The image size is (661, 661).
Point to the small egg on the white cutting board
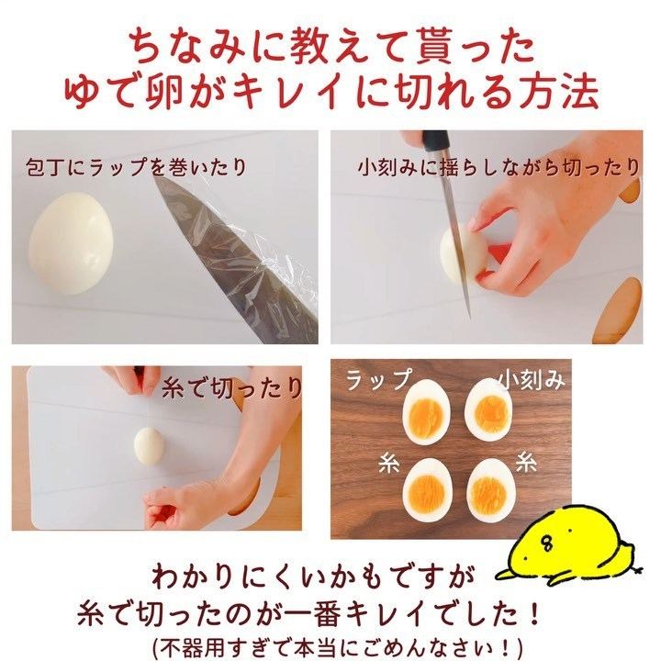[x=149, y=445]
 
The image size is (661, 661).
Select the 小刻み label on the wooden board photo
[x=530, y=379]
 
